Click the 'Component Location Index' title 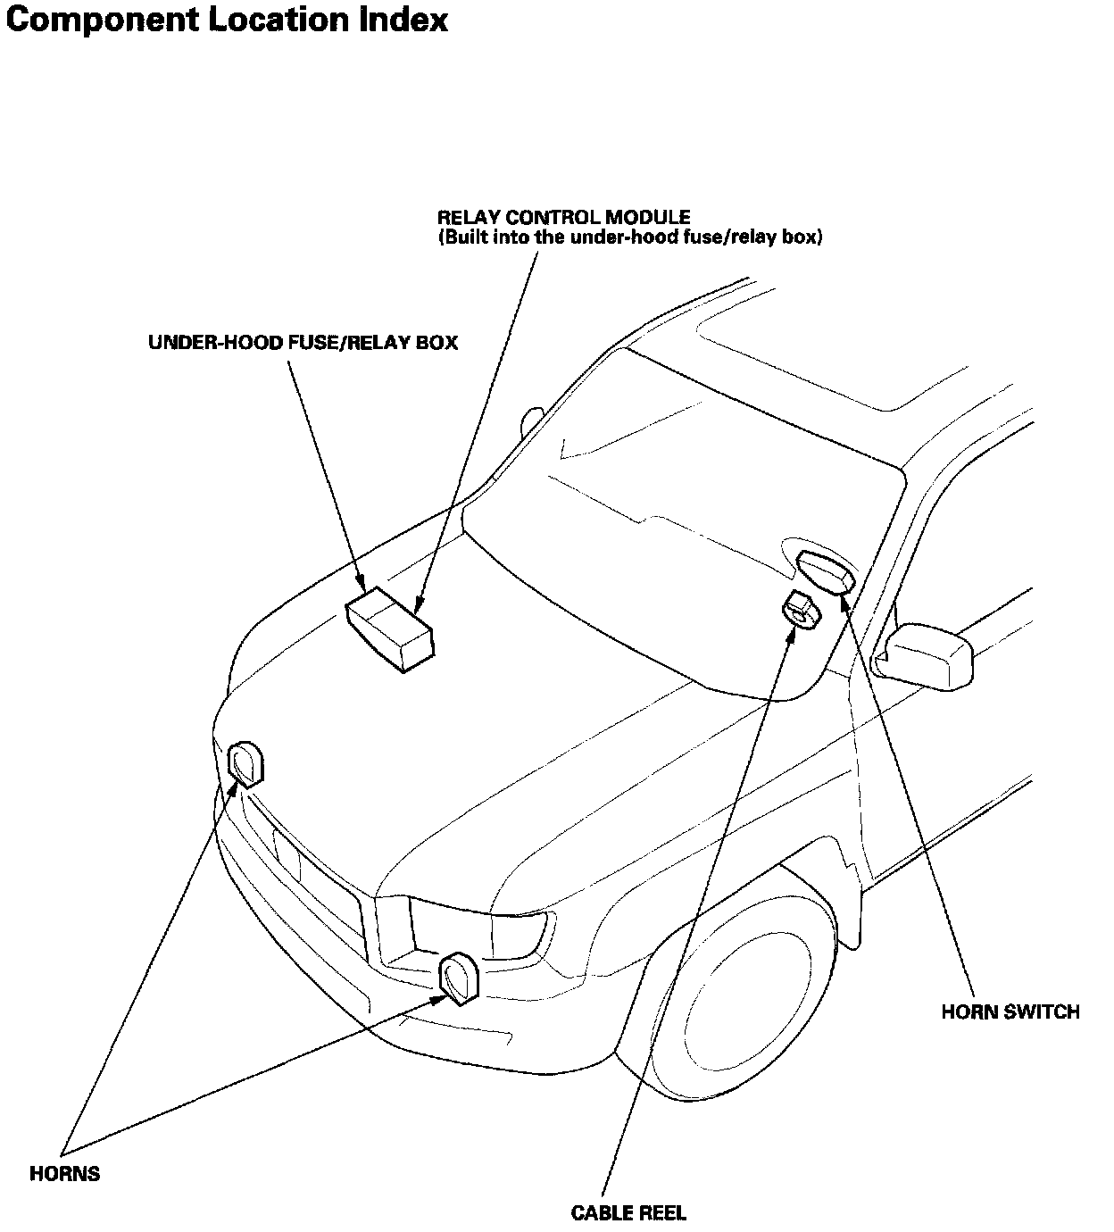[227, 20]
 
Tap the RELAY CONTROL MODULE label [563, 217]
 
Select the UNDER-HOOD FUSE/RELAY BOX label [303, 342]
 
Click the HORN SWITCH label [1010, 1012]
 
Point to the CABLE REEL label [628, 1212]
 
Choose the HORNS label [64, 1173]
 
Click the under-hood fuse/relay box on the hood [390, 628]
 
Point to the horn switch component [826, 571]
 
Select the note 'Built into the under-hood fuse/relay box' [629, 238]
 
